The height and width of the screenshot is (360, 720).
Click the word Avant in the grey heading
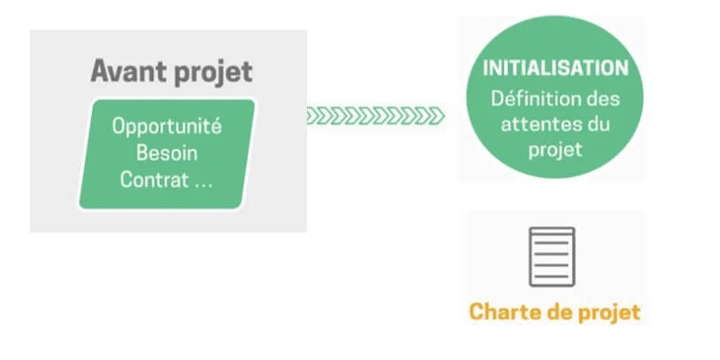(x=128, y=71)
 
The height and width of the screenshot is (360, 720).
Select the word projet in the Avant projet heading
(x=212, y=73)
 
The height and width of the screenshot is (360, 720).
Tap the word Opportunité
(x=167, y=127)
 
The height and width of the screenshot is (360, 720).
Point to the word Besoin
(x=167, y=153)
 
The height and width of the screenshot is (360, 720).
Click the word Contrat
(x=154, y=180)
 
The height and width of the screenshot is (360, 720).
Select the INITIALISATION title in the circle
(x=555, y=68)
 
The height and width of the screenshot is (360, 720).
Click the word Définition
(x=533, y=99)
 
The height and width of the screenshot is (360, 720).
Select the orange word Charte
(x=505, y=312)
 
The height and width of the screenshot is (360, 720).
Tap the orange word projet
(x=609, y=314)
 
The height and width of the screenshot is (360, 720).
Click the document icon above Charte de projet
(x=552, y=257)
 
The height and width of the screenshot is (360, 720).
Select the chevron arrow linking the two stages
(x=376, y=116)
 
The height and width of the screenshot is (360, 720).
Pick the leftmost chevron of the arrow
(x=313, y=116)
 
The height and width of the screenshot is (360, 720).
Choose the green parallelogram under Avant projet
(x=167, y=154)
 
